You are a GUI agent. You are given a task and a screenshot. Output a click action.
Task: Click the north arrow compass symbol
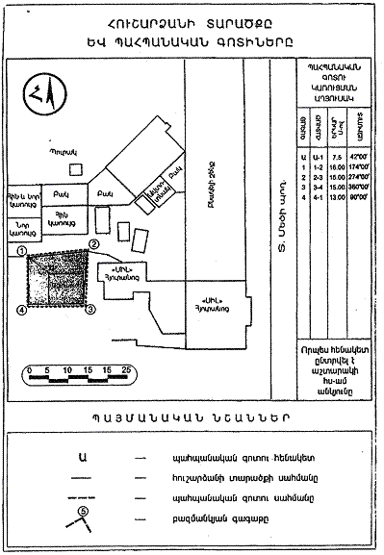(38, 94)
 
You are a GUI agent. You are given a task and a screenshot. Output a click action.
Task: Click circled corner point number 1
(21, 250)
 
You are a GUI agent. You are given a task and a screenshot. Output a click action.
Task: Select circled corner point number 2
(94, 244)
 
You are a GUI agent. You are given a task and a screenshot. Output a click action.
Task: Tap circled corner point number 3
(90, 310)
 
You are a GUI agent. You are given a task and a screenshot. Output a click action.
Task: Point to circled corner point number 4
(21, 310)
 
